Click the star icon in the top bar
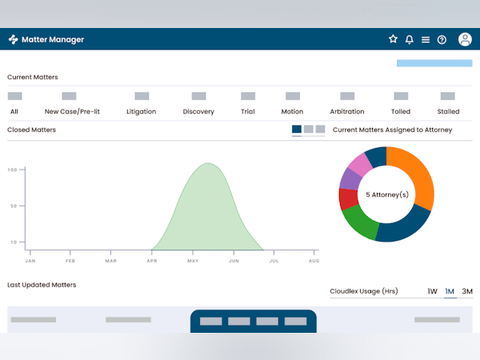point(393,39)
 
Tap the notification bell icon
point(410,39)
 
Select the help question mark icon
point(442,39)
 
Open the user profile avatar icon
point(465,39)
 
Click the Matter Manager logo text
point(53,39)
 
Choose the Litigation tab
point(141,111)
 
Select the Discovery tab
point(198,111)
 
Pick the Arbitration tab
point(346,111)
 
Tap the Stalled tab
point(448,111)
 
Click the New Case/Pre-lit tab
point(73,111)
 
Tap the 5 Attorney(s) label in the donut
point(387,194)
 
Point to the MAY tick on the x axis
point(193,261)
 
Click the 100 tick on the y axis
point(13,170)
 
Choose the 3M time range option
point(467,291)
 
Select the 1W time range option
point(432,291)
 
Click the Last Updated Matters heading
point(41,285)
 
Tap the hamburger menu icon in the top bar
point(426,39)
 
